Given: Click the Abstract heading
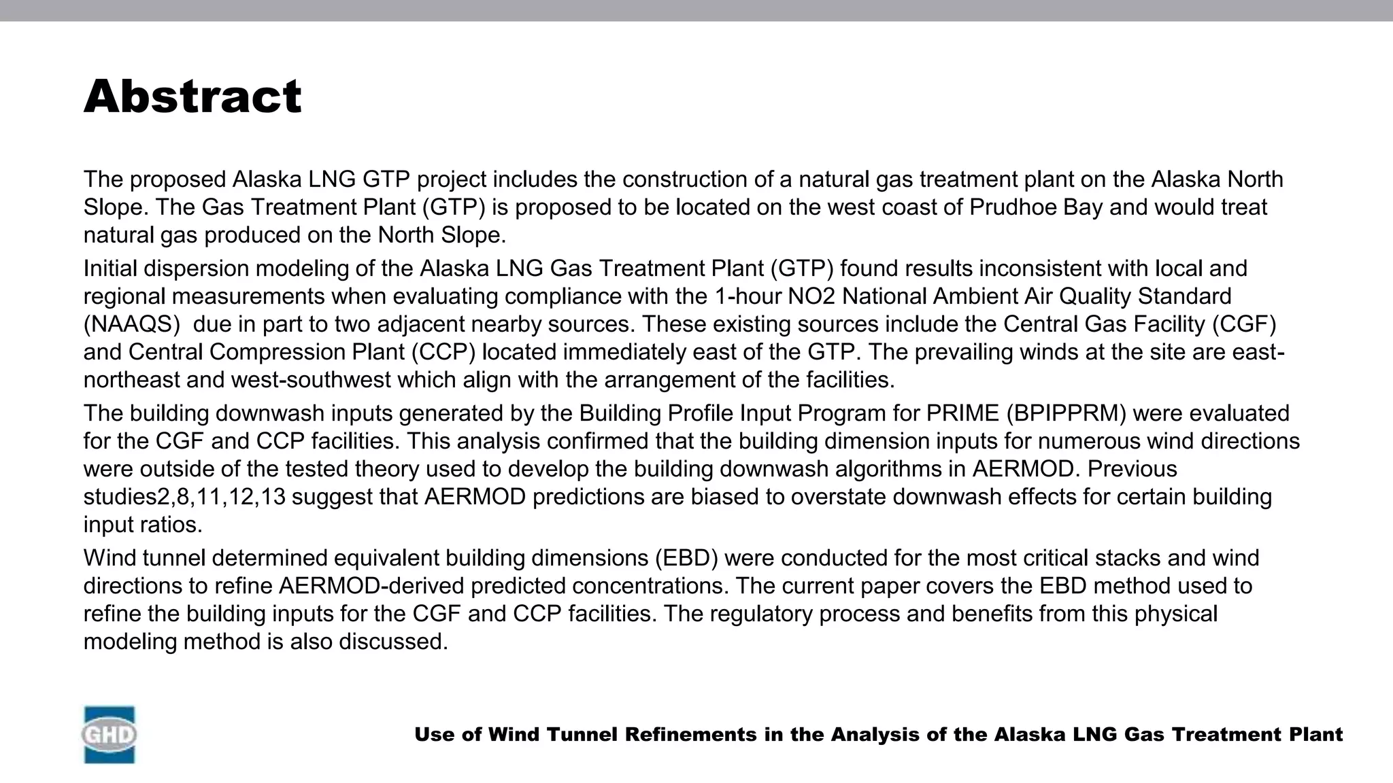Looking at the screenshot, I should tap(192, 97).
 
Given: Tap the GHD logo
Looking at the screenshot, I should tap(109, 735).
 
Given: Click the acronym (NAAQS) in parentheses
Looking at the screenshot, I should tap(131, 324).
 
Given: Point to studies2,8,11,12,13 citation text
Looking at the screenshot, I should tap(184, 497).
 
